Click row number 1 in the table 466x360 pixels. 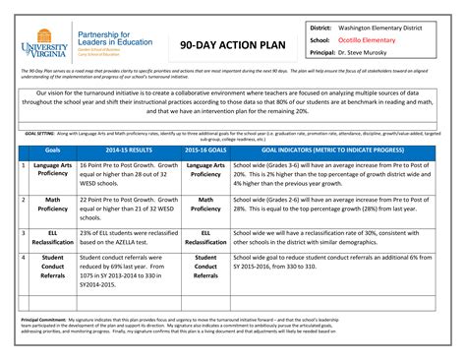tap(23, 168)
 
